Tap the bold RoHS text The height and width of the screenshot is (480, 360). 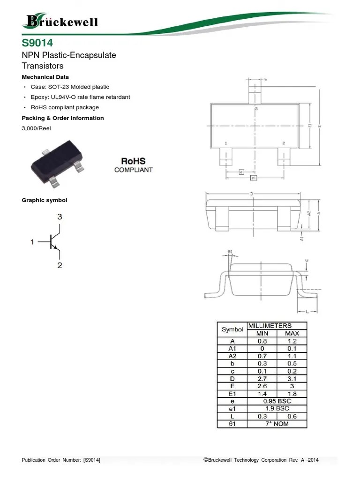point(133,161)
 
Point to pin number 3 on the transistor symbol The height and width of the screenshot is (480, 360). point(60,217)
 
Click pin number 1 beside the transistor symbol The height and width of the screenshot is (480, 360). point(32,242)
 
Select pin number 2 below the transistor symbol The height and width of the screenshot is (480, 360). point(60,265)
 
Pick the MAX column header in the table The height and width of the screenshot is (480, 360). point(292,333)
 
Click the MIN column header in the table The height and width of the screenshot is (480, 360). point(262,333)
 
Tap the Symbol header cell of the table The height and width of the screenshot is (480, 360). point(232,330)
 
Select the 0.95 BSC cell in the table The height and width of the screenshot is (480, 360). point(277,401)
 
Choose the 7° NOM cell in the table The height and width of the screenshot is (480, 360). point(277,424)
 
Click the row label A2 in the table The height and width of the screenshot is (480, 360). point(232,356)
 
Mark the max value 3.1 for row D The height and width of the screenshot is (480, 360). point(292,379)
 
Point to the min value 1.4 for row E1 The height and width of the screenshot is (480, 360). point(262,394)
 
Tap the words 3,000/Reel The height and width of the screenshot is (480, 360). point(36,128)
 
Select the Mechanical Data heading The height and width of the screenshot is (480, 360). point(45,77)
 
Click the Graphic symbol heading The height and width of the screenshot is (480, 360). point(45,200)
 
